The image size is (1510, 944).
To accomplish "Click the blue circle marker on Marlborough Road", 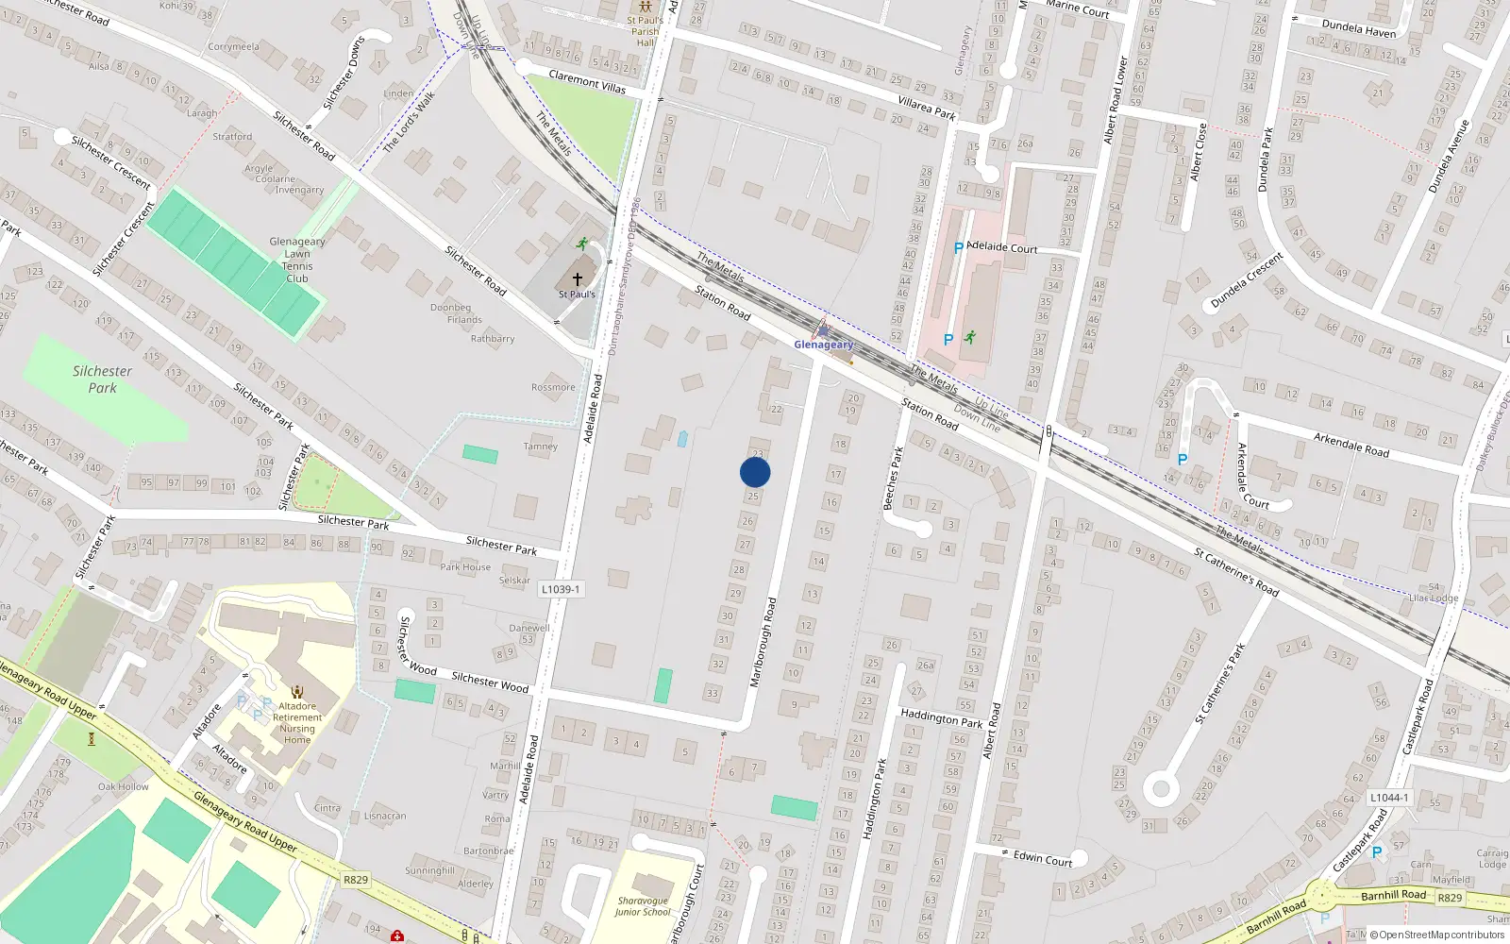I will (755, 472).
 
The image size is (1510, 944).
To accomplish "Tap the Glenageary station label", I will (823, 345).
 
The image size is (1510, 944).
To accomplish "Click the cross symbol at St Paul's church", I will (578, 279).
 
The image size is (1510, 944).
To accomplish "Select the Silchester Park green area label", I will (102, 379).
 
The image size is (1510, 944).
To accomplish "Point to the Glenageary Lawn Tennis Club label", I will (297, 260).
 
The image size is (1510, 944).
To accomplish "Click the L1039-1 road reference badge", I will (561, 589).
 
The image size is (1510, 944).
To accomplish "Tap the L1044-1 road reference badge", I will (1388, 798).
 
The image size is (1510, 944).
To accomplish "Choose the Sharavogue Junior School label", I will (643, 906).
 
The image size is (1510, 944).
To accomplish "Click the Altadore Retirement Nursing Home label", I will (297, 723).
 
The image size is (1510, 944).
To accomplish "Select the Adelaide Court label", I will (1002, 247).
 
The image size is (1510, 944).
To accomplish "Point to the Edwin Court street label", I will (1043, 858).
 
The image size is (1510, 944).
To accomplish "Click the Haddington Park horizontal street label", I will (941, 718).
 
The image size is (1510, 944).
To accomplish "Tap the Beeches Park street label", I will (894, 478).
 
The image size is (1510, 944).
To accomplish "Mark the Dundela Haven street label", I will (1358, 29).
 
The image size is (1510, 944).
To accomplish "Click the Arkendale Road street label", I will (1351, 444).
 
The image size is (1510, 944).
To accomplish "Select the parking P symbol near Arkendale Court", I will (1182, 460).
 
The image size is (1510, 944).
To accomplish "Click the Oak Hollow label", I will (123, 786).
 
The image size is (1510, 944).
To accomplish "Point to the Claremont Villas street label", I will (587, 81).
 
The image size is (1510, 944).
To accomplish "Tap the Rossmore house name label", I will (553, 387).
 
